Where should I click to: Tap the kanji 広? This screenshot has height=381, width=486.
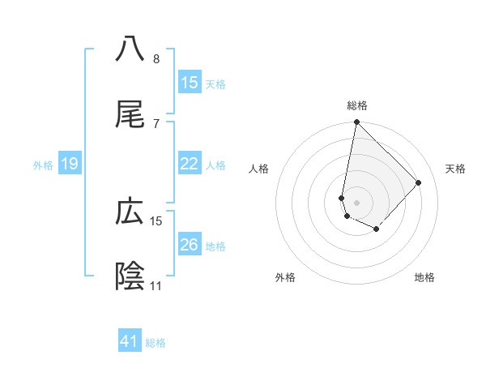[130, 212]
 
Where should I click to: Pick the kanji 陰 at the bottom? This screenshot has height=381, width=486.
[130, 276]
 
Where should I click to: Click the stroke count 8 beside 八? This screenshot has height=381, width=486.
[156, 59]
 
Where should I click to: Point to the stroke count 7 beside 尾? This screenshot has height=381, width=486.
[156, 123]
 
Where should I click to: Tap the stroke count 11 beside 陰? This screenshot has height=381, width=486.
[156, 286]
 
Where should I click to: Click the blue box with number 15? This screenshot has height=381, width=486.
[190, 83]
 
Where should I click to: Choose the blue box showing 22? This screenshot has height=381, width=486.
[190, 164]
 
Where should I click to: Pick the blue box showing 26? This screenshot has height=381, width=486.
[190, 245]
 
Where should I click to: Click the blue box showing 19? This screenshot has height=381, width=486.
[70, 165]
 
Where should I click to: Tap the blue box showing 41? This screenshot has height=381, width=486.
[130, 341]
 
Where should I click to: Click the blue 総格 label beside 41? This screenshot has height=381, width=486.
[156, 343]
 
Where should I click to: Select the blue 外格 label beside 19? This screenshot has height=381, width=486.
[43, 165]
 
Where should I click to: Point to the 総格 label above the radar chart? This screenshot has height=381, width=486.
[357, 105]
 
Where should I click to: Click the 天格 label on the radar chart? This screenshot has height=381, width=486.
[456, 169]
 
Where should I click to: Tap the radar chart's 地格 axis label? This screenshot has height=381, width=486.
[424, 278]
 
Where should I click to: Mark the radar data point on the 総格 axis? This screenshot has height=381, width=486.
[356, 122]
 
